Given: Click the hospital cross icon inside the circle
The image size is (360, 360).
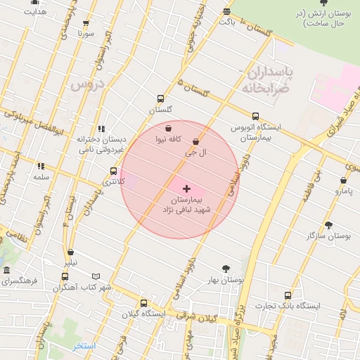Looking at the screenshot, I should tap(186, 188).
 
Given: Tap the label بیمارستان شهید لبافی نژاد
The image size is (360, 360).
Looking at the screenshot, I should tap(191, 205).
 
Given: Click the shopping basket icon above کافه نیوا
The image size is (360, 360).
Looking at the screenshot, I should tap(169, 129).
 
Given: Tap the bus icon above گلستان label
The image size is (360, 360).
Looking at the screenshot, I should tap(160, 99).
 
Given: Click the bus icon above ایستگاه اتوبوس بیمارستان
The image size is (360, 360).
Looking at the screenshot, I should tap(255, 117).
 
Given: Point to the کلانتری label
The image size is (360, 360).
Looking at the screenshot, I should tap(113, 181).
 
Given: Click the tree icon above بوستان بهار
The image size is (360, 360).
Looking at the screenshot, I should tap(226, 268).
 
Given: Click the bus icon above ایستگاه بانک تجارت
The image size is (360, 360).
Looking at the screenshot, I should tap(287, 295).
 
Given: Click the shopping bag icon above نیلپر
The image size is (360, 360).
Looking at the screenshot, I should tap(70, 252).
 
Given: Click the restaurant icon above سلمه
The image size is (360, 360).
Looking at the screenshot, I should tap(41, 167).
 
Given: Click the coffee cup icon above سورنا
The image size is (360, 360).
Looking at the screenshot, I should tap(86, 22).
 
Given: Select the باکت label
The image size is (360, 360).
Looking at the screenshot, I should tap(226, 22).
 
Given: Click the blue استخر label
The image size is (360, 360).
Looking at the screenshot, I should tap(83, 347).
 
